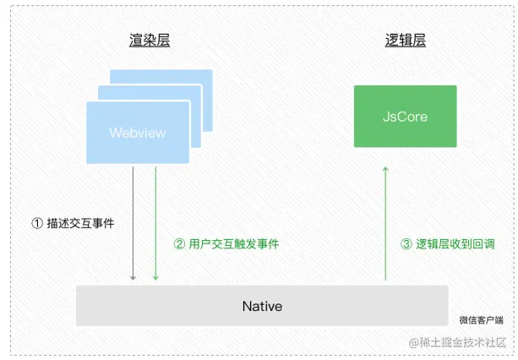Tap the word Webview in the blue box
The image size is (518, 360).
click(138, 133)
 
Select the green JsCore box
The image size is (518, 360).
click(406, 117)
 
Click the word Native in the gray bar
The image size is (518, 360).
click(262, 305)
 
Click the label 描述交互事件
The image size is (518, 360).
click(84, 224)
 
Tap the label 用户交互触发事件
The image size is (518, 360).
click(233, 244)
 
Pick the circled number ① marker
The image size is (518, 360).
click(36, 224)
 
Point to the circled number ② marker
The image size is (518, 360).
click(179, 244)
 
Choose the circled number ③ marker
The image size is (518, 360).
click(406, 244)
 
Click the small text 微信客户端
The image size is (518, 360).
click(481, 319)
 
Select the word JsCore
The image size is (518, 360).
click(406, 117)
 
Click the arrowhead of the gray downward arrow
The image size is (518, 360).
click(134, 276)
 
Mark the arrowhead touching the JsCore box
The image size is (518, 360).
click(385, 170)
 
